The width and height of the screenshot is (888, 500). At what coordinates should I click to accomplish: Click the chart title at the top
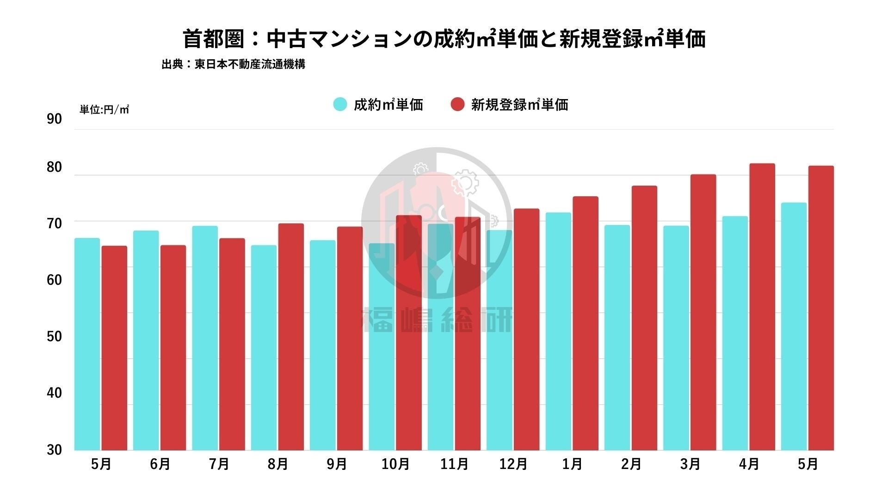(x=444, y=39)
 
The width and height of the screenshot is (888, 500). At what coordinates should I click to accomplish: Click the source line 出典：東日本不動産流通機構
(x=233, y=64)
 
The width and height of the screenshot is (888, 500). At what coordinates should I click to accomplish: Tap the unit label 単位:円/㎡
(x=104, y=110)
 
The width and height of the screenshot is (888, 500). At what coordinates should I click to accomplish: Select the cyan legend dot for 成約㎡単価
(x=340, y=104)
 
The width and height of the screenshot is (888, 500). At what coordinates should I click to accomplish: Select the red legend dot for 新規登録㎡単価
(x=457, y=104)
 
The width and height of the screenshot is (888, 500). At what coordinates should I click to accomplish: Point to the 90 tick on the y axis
(x=54, y=119)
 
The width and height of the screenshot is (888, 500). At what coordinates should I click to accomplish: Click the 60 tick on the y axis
(x=54, y=280)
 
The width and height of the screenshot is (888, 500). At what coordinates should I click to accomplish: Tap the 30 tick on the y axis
(x=54, y=450)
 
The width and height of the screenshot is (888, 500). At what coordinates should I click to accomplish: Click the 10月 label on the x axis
(x=395, y=464)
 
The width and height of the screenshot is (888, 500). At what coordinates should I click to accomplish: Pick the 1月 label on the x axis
(x=572, y=464)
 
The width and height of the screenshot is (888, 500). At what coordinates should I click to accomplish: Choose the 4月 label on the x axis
(x=749, y=464)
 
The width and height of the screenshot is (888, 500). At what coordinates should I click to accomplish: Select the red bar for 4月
(x=762, y=306)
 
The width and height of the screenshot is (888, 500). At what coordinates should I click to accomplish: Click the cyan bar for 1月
(x=558, y=331)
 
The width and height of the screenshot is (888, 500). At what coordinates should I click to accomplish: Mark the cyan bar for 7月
(x=205, y=338)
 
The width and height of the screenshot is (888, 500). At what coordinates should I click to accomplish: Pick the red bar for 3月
(x=703, y=312)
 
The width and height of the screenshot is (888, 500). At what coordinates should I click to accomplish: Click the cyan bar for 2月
(x=617, y=338)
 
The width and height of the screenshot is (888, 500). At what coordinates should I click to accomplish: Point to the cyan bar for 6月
(x=146, y=340)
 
